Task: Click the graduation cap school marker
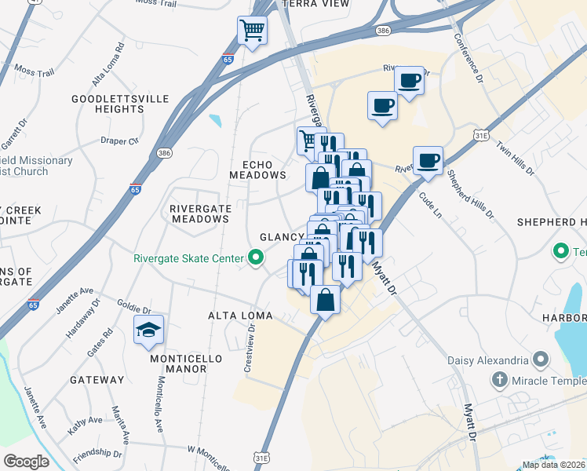coord(148,331)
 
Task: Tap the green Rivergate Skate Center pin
coord(255,257)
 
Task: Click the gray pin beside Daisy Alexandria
coord(540,360)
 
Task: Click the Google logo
coord(26,461)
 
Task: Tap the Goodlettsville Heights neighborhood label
coord(108,104)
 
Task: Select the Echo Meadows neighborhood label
coord(258,169)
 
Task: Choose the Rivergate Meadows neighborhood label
coord(199,214)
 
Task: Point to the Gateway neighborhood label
coord(97,380)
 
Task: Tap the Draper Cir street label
coord(120,141)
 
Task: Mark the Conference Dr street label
coord(465,57)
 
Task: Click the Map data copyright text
coord(552,465)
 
